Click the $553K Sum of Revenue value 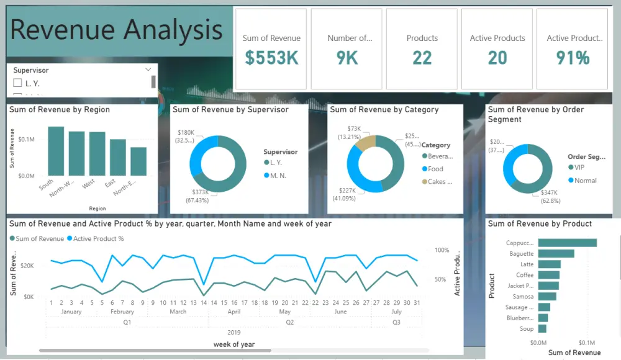click(x=271, y=58)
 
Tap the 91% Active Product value click(x=573, y=58)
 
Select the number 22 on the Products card click(x=422, y=58)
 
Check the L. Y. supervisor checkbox click(x=17, y=83)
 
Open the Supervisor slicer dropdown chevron click(x=148, y=70)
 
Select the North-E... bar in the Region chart click(x=138, y=161)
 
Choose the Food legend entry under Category click(x=435, y=169)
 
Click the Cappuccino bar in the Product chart click(x=567, y=243)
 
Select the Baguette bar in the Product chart click(x=556, y=253)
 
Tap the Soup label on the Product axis click(x=526, y=328)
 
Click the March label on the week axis click(x=178, y=312)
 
